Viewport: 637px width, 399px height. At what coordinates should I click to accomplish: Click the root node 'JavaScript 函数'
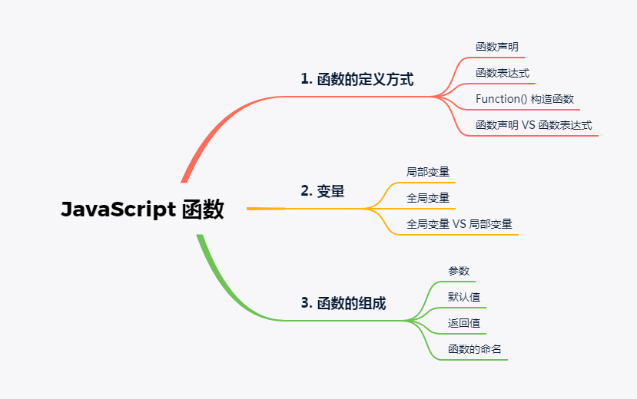tap(142, 209)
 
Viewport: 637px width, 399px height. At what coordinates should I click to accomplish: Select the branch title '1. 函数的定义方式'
tap(357, 79)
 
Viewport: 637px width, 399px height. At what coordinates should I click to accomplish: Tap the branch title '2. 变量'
tap(322, 191)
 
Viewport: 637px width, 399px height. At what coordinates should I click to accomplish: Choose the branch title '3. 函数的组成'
tap(343, 303)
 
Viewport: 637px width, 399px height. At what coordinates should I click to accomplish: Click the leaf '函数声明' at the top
tap(497, 48)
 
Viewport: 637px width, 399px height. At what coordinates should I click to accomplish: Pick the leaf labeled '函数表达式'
tap(503, 73)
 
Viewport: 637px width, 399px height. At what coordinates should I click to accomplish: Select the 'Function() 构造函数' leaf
tap(525, 99)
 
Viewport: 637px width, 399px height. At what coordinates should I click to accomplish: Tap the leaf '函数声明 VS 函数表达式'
tap(534, 125)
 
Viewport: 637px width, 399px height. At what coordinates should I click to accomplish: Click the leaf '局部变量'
tap(428, 172)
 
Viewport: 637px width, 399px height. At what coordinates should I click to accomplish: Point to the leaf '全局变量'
tap(428, 198)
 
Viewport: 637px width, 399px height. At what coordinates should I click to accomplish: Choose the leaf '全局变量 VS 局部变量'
tap(460, 224)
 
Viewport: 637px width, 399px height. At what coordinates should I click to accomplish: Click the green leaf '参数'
tap(459, 271)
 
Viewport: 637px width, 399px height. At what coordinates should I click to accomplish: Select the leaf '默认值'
tap(464, 297)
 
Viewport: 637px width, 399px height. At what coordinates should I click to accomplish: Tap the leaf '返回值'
tap(464, 323)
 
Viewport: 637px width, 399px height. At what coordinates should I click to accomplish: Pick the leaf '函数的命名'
tap(475, 349)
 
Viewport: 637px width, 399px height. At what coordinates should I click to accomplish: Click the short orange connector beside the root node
tap(265, 208)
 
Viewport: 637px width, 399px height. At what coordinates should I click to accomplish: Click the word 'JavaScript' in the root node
tap(118, 209)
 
